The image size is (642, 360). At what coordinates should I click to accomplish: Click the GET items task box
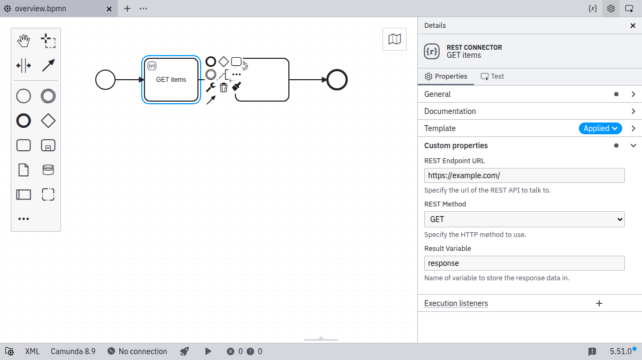click(171, 80)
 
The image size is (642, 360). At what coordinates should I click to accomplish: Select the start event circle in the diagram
click(105, 80)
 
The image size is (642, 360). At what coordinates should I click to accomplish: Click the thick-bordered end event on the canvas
click(337, 80)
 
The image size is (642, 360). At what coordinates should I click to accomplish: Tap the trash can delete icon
click(224, 87)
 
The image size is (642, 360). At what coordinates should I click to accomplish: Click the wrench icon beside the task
click(211, 87)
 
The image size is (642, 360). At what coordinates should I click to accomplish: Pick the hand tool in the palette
click(24, 41)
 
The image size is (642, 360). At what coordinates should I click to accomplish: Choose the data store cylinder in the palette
click(48, 170)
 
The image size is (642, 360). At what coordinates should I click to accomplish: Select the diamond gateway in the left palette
click(48, 121)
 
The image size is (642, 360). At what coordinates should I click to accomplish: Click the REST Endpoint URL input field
click(524, 175)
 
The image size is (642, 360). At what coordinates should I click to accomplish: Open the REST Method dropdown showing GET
click(524, 219)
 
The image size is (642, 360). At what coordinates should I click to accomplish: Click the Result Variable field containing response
click(524, 263)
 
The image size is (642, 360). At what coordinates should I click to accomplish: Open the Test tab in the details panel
click(492, 76)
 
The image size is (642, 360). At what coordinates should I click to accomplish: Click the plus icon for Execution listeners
click(599, 303)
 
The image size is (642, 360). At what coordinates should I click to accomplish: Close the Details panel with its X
click(633, 26)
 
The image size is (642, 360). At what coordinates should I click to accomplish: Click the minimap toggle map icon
click(394, 39)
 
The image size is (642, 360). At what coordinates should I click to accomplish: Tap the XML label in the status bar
click(32, 351)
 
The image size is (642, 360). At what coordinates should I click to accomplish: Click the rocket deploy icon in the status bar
click(184, 351)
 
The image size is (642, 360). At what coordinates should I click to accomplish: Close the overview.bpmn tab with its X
click(109, 9)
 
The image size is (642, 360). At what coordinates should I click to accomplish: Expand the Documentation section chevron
click(633, 111)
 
